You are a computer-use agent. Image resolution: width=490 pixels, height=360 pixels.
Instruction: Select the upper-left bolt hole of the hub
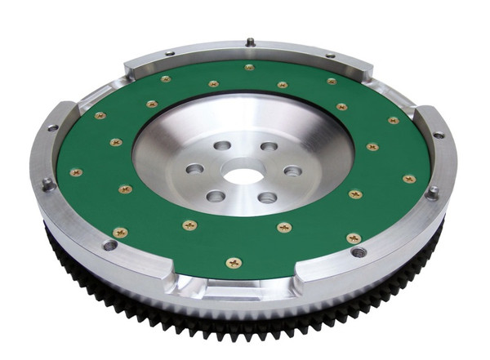tap(223, 147)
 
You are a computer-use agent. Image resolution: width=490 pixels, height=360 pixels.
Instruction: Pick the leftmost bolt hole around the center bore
tap(194, 169)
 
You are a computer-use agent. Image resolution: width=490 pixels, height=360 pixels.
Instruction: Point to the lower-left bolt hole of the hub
tap(216, 196)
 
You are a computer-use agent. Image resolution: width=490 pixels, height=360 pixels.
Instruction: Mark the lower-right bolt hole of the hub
tap(266, 198)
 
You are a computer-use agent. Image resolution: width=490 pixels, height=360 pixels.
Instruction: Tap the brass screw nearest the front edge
tap(234, 263)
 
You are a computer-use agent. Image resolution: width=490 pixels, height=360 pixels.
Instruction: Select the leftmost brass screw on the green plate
tap(75, 172)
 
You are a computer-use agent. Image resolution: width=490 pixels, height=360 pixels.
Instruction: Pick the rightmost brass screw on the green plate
tap(409, 178)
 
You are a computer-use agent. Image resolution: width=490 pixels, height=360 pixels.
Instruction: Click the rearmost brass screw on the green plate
tap(248, 68)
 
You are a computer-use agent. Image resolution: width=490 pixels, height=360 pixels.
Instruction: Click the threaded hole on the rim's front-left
tap(109, 244)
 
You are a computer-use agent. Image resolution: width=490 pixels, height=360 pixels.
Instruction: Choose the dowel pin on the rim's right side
tap(433, 193)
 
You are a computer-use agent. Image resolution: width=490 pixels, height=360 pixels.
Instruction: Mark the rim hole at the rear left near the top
tap(169, 53)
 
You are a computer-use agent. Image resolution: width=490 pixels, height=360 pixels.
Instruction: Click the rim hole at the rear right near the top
tap(331, 56)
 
